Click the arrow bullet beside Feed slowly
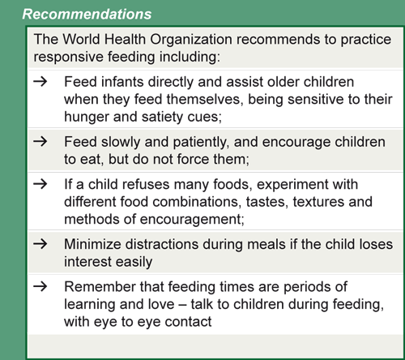tap(46, 141)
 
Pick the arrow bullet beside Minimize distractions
tap(46, 243)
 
